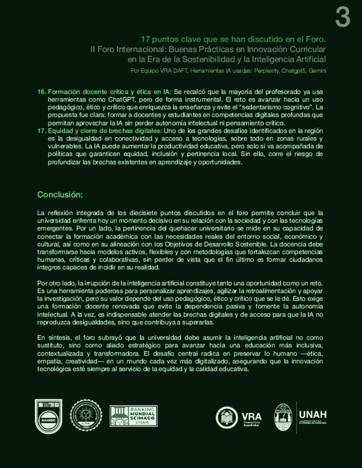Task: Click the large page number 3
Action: [x=343, y=18]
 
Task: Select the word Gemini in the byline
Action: [x=318, y=71]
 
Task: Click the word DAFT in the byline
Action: [x=179, y=71]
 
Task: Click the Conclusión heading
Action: [x=60, y=195]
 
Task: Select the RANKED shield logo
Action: [x=49, y=417]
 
